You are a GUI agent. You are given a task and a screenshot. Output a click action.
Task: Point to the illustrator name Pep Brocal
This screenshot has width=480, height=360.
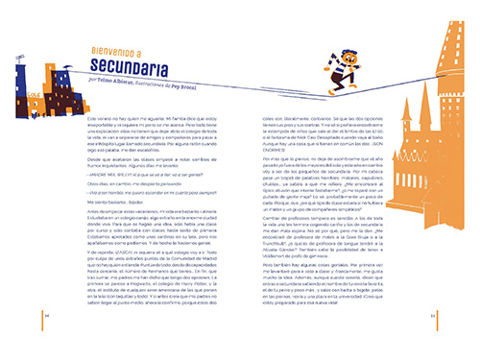[212, 84]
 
